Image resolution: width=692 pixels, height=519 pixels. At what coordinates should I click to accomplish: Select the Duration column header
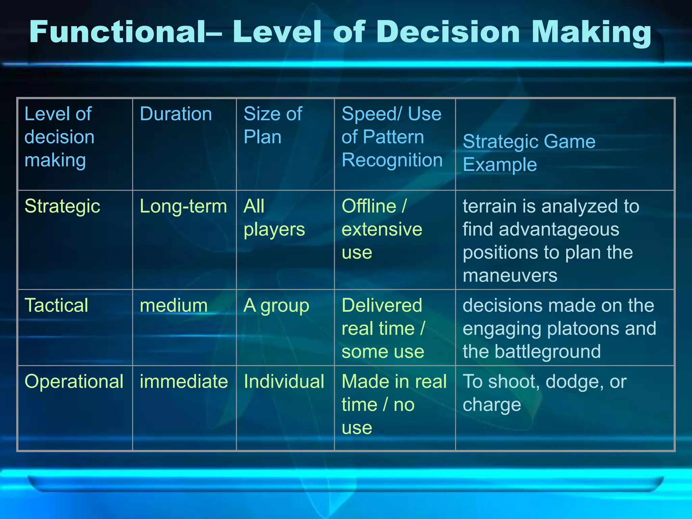point(176,114)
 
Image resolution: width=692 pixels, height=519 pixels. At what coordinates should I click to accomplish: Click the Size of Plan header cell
point(273,125)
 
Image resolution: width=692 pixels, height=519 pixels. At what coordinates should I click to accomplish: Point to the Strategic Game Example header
point(529,153)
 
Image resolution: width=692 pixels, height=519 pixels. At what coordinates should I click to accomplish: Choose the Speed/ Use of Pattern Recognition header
point(392,137)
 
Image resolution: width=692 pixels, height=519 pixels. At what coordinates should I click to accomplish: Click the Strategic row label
point(62,206)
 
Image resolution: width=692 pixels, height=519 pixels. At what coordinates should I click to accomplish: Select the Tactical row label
point(56,305)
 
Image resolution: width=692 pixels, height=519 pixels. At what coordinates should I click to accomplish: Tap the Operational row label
point(74,381)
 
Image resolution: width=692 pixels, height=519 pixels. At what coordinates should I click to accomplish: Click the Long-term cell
point(183,206)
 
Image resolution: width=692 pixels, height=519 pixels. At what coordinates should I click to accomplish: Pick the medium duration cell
point(174,305)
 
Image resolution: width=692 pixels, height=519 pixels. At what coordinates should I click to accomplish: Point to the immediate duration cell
point(184,381)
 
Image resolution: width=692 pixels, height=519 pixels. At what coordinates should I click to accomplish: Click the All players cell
point(274,218)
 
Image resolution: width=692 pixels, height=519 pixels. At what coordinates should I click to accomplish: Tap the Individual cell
point(284,381)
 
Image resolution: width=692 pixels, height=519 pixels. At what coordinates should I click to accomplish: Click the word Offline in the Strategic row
point(369,206)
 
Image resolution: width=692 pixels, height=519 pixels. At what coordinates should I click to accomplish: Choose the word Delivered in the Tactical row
point(382,305)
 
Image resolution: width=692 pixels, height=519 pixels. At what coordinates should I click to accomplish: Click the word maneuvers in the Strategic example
point(510,276)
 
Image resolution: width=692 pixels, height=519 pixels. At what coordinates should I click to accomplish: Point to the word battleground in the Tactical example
point(548,351)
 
